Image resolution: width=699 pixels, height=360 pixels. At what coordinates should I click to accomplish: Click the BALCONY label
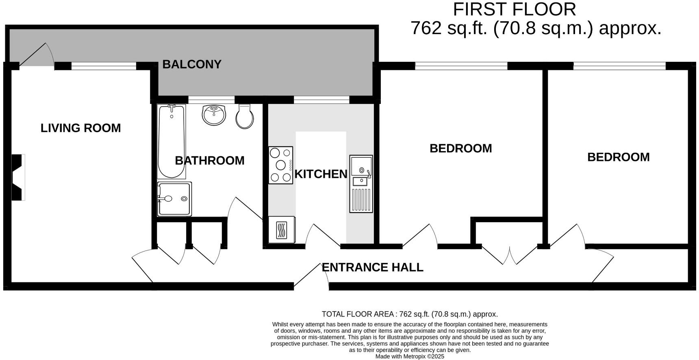click(191, 64)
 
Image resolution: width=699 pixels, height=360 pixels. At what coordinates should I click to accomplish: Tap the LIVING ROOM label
click(80, 128)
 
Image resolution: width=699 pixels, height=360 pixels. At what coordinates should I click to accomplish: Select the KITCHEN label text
click(321, 174)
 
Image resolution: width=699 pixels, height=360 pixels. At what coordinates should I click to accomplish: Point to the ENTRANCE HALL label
click(372, 267)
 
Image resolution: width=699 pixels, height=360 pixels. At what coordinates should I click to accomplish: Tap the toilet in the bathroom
click(245, 117)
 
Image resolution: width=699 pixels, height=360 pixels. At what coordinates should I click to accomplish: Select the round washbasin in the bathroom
click(214, 114)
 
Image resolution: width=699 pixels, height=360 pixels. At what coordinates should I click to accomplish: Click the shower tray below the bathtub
click(174, 199)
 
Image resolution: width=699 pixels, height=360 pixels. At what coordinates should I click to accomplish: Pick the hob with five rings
click(280, 165)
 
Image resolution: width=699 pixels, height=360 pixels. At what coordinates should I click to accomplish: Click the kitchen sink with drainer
click(361, 184)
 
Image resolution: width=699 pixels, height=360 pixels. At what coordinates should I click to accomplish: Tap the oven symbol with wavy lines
click(281, 230)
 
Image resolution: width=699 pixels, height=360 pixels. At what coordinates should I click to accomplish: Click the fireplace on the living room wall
click(17, 177)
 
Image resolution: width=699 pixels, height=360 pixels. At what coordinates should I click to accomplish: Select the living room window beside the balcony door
click(104, 66)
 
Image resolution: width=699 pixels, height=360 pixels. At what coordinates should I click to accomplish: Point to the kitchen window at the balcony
click(321, 100)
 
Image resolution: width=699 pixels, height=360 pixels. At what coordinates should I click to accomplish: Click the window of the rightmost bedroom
click(619, 65)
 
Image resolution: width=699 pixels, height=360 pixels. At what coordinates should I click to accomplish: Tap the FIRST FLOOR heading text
click(514, 9)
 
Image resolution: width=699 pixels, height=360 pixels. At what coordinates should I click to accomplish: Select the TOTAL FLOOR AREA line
click(409, 314)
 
